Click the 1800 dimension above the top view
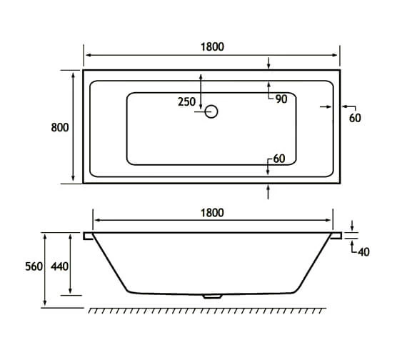(x=212, y=47)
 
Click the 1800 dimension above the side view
(x=212, y=212)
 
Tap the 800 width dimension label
(x=60, y=127)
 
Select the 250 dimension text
(x=186, y=102)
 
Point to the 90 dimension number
(x=281, y=99)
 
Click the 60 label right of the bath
(x=355, y=119)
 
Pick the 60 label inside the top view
(x=279, y=159)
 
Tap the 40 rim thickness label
(x=363, y=251)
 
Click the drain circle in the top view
(x=211, y=112)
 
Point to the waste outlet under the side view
(x=212, y=295)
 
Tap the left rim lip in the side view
(x=89, y=235)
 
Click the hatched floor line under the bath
(x=207, y=310)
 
